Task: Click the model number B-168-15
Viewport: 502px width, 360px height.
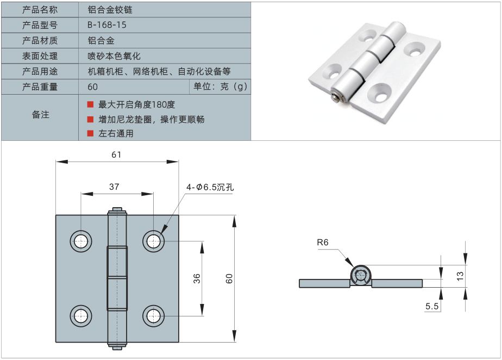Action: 107,25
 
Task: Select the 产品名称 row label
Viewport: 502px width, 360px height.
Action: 40,10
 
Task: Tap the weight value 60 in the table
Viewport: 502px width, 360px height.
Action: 92,87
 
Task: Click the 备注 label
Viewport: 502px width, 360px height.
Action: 40,115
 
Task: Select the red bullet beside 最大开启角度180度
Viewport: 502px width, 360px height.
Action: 90,104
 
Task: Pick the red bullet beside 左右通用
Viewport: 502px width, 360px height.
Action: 90,133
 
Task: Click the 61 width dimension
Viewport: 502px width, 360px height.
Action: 116,154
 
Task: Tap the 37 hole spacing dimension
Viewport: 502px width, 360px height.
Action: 114,187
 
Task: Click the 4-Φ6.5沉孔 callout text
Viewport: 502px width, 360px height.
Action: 210,187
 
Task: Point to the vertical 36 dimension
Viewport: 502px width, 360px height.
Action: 197,278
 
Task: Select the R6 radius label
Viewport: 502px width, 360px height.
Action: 323,243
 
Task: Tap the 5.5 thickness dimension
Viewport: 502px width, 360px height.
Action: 432,307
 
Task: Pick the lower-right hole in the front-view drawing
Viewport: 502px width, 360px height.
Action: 154,315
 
